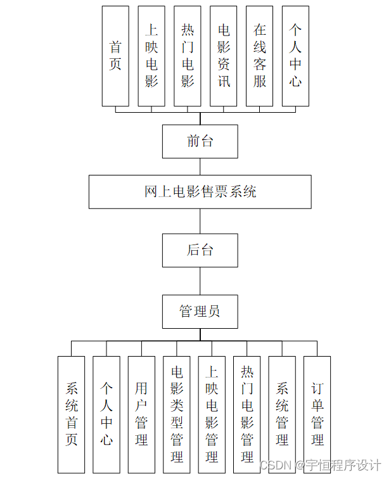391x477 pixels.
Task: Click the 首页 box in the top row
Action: point(115,56)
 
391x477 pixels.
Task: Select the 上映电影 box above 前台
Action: point(151,56)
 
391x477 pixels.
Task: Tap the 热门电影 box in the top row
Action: point(188,56)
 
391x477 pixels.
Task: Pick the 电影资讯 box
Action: point(224,56)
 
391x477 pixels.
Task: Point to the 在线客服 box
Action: point(260,56)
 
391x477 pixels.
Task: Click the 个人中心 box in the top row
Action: point(295,56)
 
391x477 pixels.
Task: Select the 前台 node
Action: point(200,141)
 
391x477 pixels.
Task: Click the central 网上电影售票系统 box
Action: point(200,192)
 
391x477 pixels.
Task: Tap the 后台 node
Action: point(200,250)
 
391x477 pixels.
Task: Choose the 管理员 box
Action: point(200,312)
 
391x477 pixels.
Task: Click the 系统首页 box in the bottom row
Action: point(71,414)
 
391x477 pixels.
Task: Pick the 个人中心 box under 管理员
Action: point(106,414)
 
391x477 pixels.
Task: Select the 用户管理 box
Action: point(141,414)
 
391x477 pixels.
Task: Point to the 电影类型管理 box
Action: point(177,414)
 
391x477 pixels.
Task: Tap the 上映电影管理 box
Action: point(212,414)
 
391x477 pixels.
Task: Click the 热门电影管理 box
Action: point(247,414)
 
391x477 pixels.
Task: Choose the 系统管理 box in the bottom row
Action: point(282,414)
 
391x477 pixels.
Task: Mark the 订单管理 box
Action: point(317,414)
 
